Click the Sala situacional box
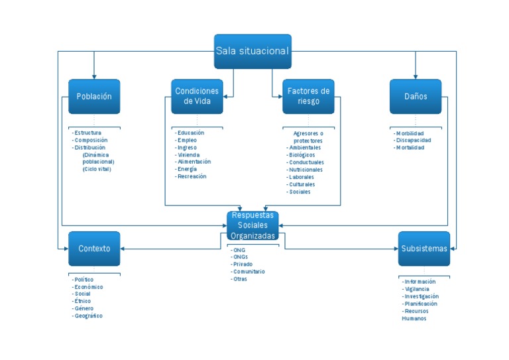tap(253, 51)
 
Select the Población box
tap(94, 96)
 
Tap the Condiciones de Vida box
tap(197, 96)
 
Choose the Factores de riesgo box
tap(308, 96)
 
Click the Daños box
tap(416, 96)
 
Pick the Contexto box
tap(94, 249)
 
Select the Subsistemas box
tap(424, 249)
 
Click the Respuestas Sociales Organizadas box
tap(253, 225)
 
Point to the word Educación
tap(191, 133)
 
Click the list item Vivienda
tap(189, 155)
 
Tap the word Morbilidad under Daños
tap(410, 133)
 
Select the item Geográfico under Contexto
tap(88, 316)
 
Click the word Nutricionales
tap(306, 170)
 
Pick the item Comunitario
tap(249, 271)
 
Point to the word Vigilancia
tap(417, 289)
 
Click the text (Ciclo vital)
tap(97, 169)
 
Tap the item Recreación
tap(192, 176)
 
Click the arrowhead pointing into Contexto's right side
tap(123, 249)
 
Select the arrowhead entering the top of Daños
tap(416, 77)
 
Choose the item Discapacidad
tap(414, 141)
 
